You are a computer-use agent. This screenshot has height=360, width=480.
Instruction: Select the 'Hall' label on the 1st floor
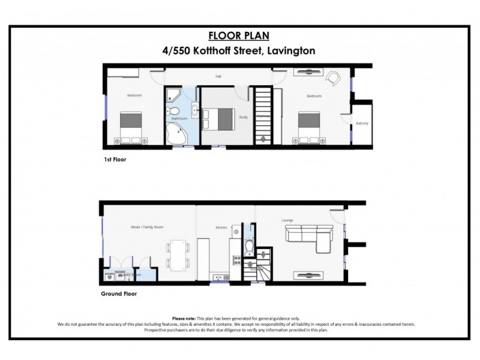tap(219, 77)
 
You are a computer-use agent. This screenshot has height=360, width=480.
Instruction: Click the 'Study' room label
tap(243, 117)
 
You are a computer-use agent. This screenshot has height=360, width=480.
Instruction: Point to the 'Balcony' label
tap(362, 124)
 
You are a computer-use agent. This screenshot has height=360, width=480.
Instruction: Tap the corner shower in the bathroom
tap(173, 94)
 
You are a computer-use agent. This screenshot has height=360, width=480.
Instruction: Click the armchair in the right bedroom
tap(332, 78)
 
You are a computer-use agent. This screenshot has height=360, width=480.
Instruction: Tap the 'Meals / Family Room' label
tap(147, 227)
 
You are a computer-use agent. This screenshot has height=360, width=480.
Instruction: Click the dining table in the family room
tap(178, 253)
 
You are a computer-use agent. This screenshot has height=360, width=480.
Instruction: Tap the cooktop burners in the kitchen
tap(235, 264)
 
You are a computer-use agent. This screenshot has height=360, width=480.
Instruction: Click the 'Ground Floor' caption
tap(122, 294)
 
